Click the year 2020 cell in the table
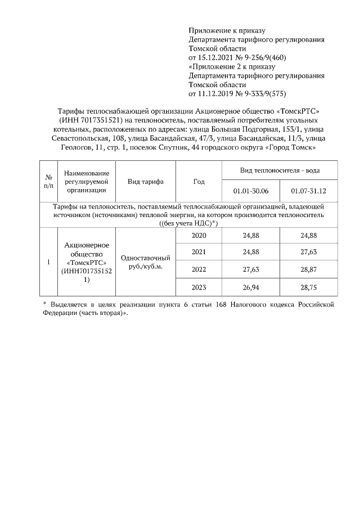(x=199, y=235)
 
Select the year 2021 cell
(x=199, y=252)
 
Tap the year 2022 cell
(x=199, y=269)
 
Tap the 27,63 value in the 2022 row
(x=251, y=269)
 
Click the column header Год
(x=199, y=182)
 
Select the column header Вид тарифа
(x=146, y=182)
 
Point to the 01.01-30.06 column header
(x=251, y=191)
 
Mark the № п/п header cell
(x=48, y=182)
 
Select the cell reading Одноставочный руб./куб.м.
(x=146, y=262)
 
